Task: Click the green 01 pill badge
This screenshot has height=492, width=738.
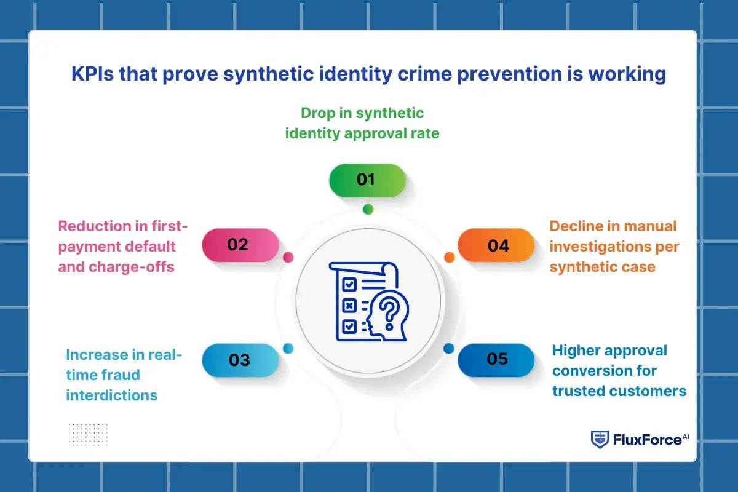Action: (367, 180)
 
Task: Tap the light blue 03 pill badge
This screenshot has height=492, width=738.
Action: (240, 360)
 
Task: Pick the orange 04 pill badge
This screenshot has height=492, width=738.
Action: (496, 245)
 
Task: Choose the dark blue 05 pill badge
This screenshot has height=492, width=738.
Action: (496, 359)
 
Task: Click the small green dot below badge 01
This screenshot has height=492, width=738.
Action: (368, 209)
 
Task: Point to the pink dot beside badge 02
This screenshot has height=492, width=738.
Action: (288, 258)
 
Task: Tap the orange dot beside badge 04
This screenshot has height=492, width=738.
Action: (449, 257)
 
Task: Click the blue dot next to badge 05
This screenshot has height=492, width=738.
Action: (448, 349)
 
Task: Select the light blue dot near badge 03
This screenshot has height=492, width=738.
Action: (288, 349)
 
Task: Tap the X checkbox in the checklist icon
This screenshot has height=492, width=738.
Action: (349, 304)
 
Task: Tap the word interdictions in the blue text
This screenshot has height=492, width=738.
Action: (111, 395)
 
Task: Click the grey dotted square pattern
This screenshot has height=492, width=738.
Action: (88, 435)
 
